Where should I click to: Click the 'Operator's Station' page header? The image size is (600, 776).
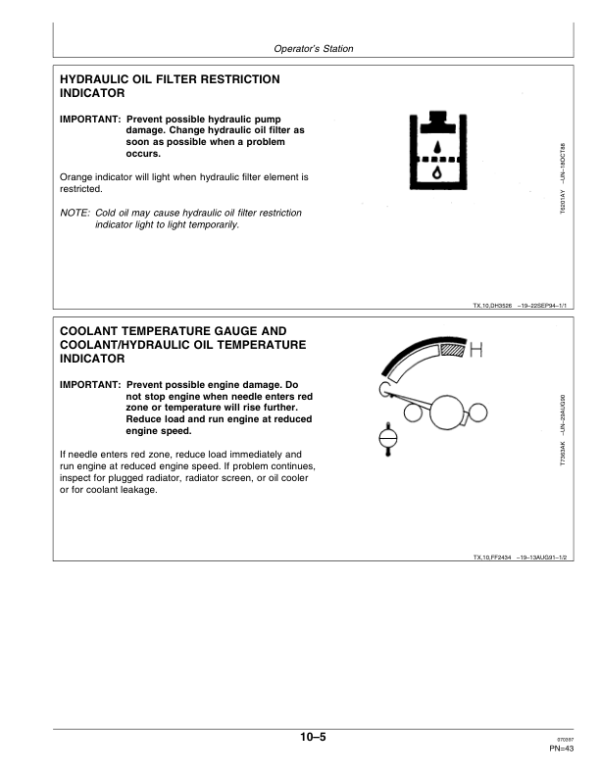313,49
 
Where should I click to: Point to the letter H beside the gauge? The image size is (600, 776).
476,350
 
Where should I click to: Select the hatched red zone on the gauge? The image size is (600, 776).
453,350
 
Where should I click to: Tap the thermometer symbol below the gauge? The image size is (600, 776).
388,437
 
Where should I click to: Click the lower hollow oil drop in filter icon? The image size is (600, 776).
436,172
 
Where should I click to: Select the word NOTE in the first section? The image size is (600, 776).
74,213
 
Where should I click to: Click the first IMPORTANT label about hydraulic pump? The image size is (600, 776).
90,120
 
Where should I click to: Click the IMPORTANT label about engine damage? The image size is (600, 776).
90,384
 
